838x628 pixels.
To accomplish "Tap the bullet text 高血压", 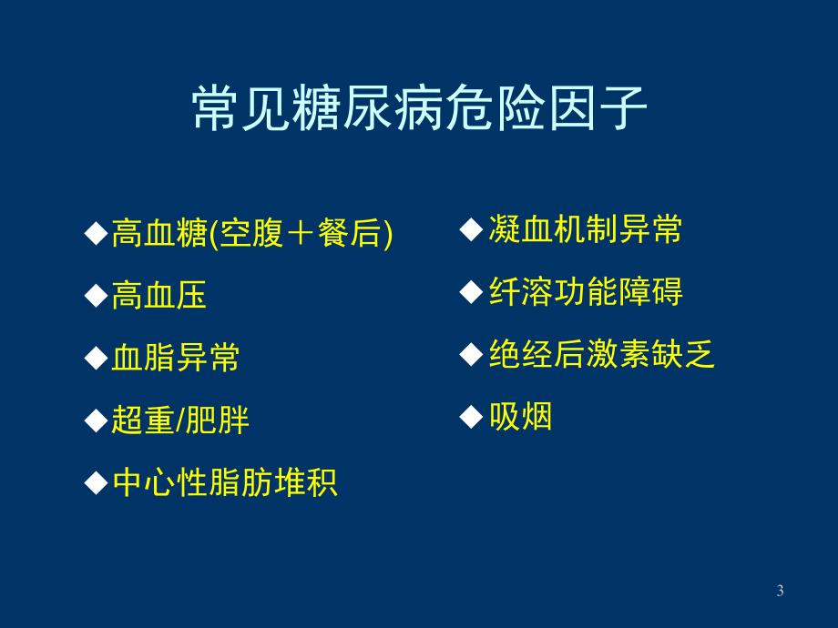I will point(158,295).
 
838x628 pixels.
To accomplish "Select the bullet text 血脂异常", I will point(175,358).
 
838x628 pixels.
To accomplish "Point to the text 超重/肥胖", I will point(179,420).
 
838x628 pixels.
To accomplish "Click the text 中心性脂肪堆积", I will point(224,482).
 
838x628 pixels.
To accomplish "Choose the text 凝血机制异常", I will point(584,230).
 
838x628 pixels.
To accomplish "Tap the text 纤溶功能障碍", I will point(585,292).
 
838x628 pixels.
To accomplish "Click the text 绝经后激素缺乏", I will point(601,355).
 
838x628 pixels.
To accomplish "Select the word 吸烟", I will point(520,417).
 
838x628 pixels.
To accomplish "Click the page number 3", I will point(780,592).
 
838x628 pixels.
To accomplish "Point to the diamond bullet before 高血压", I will point(96,295).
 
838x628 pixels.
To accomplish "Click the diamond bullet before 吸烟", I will point(471,417).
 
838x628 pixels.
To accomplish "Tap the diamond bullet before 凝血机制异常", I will point(471,230).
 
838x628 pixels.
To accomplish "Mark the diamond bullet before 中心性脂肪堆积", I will point(96,482).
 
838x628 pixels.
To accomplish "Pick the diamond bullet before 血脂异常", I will point(96,358).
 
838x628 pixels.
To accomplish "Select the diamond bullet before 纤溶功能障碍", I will point(471,292).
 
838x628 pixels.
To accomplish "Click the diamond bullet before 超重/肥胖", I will point(96,420).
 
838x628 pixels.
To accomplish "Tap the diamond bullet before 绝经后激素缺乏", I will point(471,355).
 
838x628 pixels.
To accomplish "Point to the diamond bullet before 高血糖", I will point(96,234).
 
